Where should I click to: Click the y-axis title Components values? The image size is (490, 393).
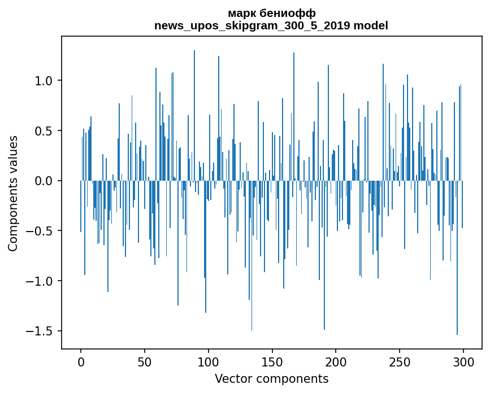(x=13, y=193)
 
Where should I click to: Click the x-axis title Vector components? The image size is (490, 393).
(x=271, y=378)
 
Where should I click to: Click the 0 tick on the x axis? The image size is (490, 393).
(x=81, y=361)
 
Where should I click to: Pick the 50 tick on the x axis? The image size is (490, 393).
(x=145, y=361)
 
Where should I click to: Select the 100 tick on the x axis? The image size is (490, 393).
(x=209, y=361)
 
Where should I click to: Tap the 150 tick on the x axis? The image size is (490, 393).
(x=272, y=361)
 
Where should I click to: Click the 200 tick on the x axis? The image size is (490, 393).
(x=336, y=361)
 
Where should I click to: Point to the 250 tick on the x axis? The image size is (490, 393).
(x=400, y=361)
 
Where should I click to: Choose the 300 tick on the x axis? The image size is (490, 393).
(x=463, y=361)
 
